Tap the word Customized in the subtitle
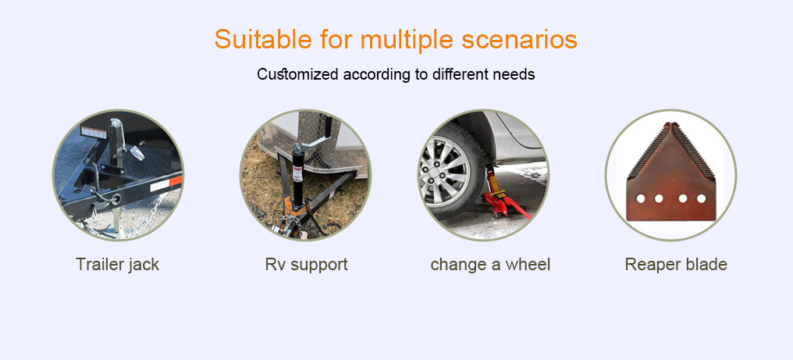[x=297, y=74]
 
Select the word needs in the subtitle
[x=514, y=74]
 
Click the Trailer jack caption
[x=117, y=264]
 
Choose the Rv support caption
[x=307, y=264]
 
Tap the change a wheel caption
[x=490, y=264]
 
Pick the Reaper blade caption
[x=676, y=264]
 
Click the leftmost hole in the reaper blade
[x=640, y=198]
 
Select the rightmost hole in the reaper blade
[x=701, y=198]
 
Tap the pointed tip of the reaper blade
[x=671, y=123]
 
